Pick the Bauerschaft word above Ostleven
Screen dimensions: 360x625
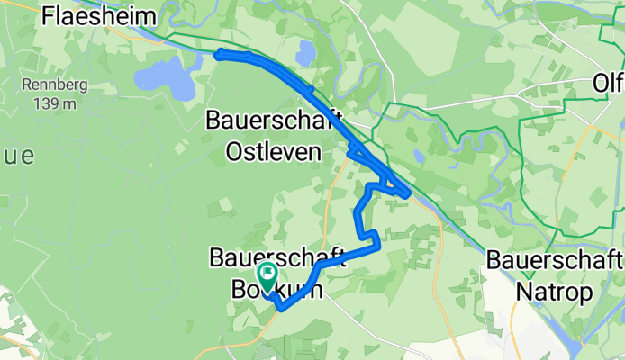pos(275,119)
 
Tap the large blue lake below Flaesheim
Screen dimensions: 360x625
pos(166,78)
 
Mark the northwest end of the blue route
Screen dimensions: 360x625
pos(217,55)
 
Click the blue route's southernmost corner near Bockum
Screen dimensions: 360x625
pos(281,309)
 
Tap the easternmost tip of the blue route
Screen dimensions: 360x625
pos(411,193)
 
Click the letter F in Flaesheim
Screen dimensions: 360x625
pos(48,15)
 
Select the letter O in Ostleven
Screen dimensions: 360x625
pos(216,151)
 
